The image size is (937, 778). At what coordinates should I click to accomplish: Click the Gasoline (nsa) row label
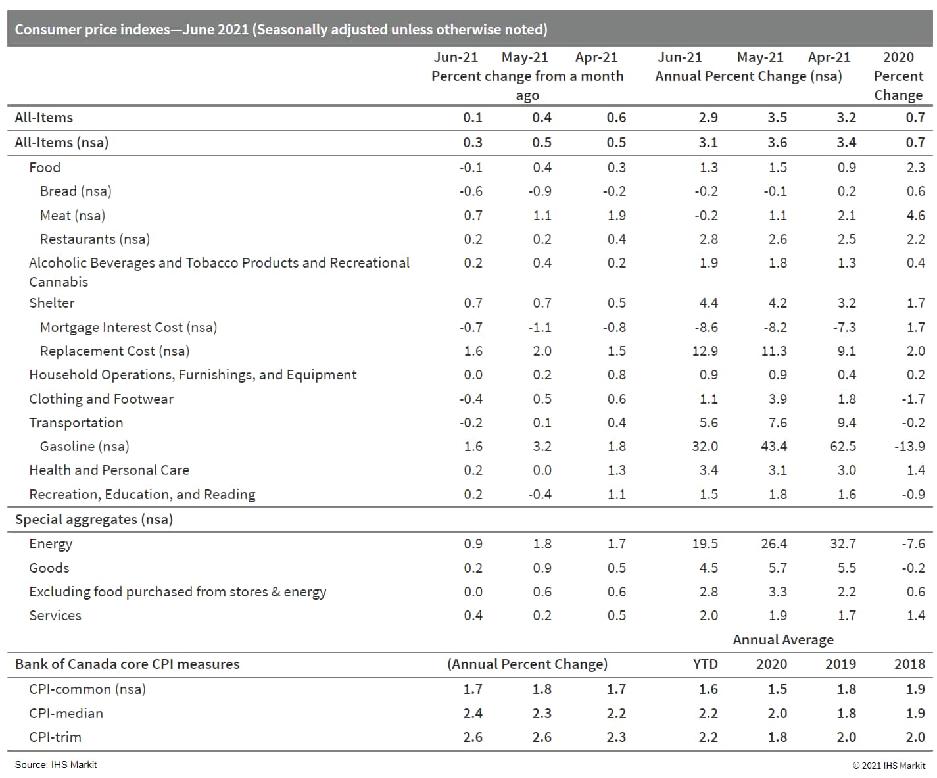pyautogui.click(x=84, y=447)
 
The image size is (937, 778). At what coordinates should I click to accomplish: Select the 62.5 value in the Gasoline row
pyautogui.click(x=843, y=447)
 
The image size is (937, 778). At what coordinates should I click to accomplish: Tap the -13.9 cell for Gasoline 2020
pyautogui.click(x=909, y=447)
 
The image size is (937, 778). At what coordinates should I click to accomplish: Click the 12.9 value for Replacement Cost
pyautogui.click(x=705, y=351)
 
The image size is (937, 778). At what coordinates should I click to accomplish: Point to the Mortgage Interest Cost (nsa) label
pyautogui.click(x=128, y=328)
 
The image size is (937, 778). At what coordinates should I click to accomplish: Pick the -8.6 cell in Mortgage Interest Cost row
pyautogui.click(x=705, y=328)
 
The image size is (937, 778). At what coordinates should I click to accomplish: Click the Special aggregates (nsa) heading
pyautogui.click(x=94, y=520)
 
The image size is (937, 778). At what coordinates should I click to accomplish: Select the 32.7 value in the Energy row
pyautogui.click(x=843, y=544)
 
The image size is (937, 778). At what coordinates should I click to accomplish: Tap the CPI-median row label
pyautogui.click(x=66, y=714)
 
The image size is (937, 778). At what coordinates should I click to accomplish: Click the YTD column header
pyautogui.click(x=705, y=664)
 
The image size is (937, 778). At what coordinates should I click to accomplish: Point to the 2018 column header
pyautogui.click(x=909, y=664)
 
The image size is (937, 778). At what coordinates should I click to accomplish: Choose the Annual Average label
pyautogui.click(x=783, y=640)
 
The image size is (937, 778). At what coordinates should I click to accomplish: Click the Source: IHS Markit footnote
pyautogui.click(x=56, y=765)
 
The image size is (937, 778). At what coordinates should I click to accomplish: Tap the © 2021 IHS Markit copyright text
pyautogui.click(x=889, y=766)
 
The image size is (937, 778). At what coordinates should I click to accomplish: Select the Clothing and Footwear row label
pyautogui.click(x=101, y=399)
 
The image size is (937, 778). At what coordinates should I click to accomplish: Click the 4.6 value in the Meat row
pyautogui.click(x=915, y=216)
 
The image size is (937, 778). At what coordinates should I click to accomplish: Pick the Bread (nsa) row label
pyautogui.click(x=76, y=191)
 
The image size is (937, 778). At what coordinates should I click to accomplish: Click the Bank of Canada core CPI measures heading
pyautogui.click(x=127, y=664)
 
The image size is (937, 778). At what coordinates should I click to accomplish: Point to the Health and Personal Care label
pyautogui.click(x=109, y=470)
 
